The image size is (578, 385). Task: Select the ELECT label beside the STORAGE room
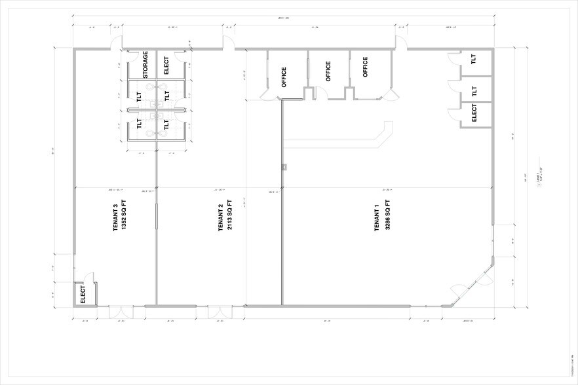pyautogui.click(x=166, y=65)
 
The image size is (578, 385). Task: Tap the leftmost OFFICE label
pyautogui.click(x=284, y=77)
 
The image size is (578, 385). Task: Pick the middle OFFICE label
pyautogui.click(x=328, y=71)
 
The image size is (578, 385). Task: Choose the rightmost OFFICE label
pyautogui.click(x=366, y=67)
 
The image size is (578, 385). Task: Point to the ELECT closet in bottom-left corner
pyautogui.click(x=83, y=294)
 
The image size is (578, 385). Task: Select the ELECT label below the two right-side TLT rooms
pyautogui.click(x=474, y=114)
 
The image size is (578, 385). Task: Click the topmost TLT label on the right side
pyautogui.click(x=474, y=59)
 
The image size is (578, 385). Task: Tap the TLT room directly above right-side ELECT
pyautogui.click(x=474, y=90)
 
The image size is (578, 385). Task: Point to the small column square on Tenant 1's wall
pyautogui.click(x=283, y=167)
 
